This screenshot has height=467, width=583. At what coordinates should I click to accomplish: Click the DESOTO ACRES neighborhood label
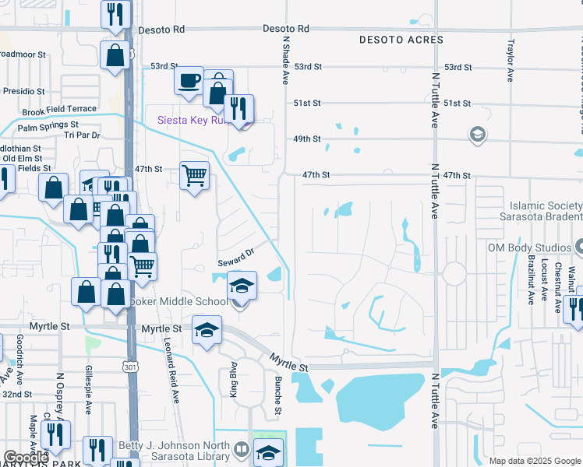pos(401,40)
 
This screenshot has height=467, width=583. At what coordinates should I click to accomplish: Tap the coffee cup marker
pos(189,80)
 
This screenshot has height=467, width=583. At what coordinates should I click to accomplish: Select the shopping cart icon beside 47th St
pos(194,174)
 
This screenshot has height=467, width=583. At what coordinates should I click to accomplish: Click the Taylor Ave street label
pos(511,60)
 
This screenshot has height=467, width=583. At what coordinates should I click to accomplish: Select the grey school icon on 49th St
pos(477,135)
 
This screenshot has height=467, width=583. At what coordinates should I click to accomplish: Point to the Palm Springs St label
pos(48,125)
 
